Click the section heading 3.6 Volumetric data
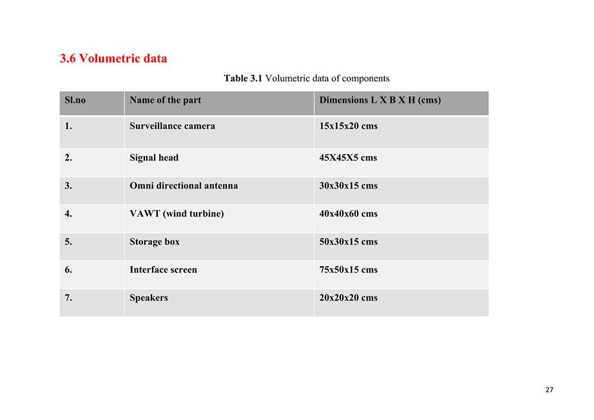(x=113, y=58)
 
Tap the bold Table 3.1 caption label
(x=243, y=78)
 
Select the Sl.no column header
(x=75, y=100)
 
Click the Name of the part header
(x=165, y=100)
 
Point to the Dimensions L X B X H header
(x=380, y=100)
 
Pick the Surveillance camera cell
(x=172, y=126)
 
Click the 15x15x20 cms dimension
(x=348, y=126)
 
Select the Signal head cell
(x=154, y=157)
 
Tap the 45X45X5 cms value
(x=348, y=157)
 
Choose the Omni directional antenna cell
(x=184, y=185)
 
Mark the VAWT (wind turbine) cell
(x=176, y=213)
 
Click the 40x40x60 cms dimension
(x=348, y=213)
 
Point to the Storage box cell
(x=154, y=241)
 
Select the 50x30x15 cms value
(x=348, y=241)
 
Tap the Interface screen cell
(x=163, y=269)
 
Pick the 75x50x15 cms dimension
(x=348, y=269)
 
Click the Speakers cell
(x=148, y=298)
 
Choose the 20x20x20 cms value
(x=348, y=298)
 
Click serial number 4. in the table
(x=68, y=213)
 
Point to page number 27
(x=548, y=390)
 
